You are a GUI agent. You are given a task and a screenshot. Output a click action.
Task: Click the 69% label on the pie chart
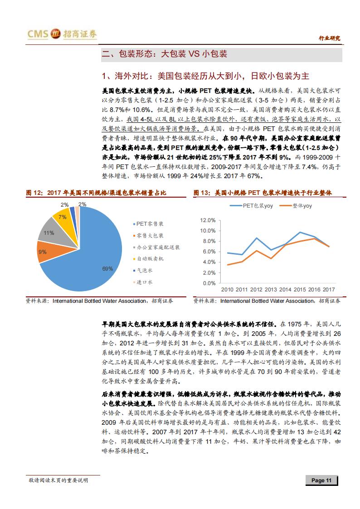point(107,269)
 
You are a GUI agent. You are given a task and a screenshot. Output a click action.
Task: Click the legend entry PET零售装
point(150,224)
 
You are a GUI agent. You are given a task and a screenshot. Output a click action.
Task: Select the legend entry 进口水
point(145,282)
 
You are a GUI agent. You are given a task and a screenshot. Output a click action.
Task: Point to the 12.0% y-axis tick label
point(208,220)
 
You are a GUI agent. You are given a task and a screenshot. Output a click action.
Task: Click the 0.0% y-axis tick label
point(209,283)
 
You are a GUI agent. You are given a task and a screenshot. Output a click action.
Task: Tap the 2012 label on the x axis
point(257,290)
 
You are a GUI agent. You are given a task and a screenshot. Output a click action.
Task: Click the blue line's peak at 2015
point(300,233)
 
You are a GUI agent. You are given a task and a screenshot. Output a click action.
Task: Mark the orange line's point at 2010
point(228,265)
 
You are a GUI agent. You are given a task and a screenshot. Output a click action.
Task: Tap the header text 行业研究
point(329,38)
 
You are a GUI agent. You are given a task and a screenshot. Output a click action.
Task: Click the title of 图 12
point(96,193)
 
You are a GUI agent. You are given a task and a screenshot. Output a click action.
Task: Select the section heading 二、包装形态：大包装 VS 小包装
point(164,54)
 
